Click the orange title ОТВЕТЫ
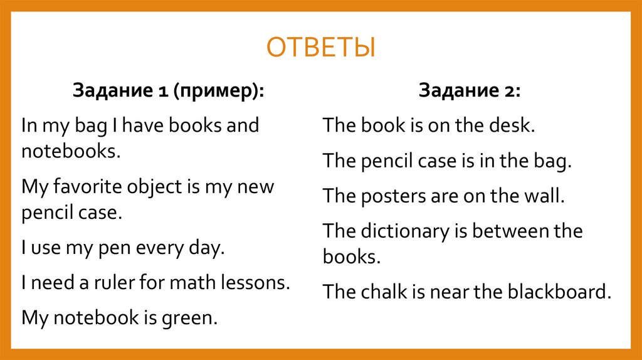point(320,48)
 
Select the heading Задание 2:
point(470,90)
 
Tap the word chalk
point(387,291)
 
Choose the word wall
point(544,196)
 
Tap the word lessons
point(259,282)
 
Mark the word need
point(53,282)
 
